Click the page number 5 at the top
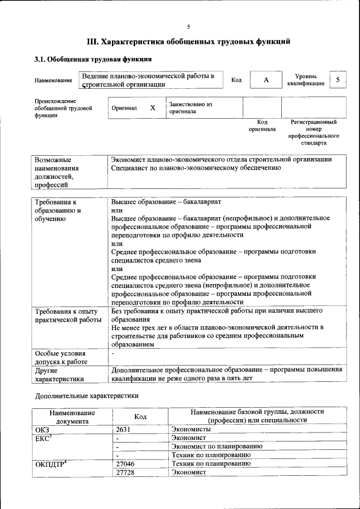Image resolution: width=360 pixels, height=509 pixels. (x=188, y=26)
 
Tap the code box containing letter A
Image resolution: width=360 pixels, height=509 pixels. (x=266, y=80)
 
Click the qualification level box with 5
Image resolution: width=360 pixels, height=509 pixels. (x=337, y=80)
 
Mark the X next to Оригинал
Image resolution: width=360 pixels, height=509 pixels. (x=152, y=107)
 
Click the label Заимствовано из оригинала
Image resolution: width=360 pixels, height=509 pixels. (x=191, y=107)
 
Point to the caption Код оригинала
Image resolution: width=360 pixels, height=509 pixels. (x=262, y=125)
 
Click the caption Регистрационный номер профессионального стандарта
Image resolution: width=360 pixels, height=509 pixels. (x=313, y=132)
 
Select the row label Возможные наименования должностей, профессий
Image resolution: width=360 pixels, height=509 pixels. (x=57, y=172)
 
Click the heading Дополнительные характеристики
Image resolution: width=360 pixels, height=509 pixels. (x=86, y=395)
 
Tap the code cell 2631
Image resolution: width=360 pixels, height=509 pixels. (x=124, y=429)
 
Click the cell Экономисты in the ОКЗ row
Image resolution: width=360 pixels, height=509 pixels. (x=191, y=429)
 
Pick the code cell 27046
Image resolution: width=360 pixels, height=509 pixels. (x=125, y=463)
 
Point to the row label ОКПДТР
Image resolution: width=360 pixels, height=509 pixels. (x=52, y=463)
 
